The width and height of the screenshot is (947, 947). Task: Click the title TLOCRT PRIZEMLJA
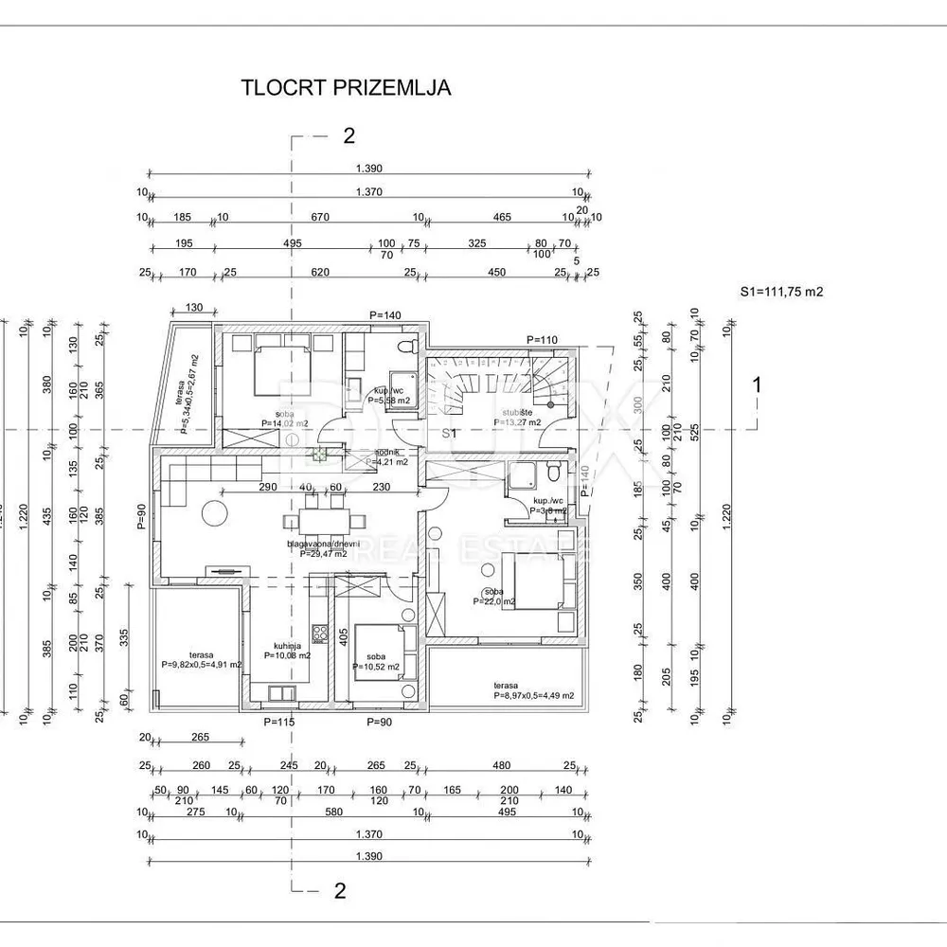(346, 88)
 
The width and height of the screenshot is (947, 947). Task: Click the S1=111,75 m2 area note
(781, 292)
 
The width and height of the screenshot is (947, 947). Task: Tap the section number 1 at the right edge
(756, 384)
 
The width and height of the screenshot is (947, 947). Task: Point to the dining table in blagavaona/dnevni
(327, 520)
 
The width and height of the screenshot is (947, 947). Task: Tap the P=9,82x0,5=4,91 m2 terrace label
(201, 660)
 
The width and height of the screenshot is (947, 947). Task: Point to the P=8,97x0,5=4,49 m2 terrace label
(533, 690)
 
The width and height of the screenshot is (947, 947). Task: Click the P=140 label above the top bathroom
(385, 315)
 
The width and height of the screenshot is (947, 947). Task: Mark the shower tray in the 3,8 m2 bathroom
(523, 480)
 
